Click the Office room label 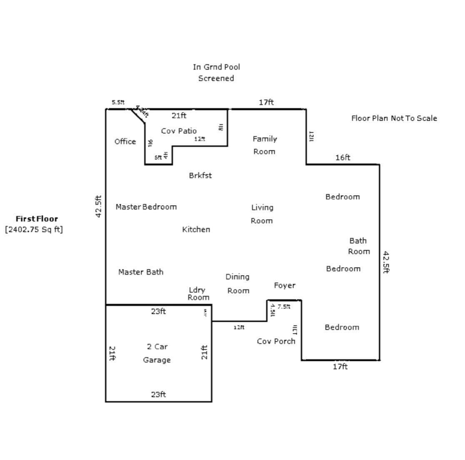tap(125, 142)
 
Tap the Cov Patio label tap(179, 131)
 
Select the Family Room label tap(265, 145)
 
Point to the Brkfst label tap(200, 175)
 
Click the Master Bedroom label tap(146, 206)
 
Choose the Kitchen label tap(196, 229)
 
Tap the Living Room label tap(262, 214)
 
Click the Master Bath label tap(140, 272)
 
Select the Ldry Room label tap(198, 293)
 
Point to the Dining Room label tap(238, 283)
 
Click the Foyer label tap(285, 285)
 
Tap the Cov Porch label tap(276, 341)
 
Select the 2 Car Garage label tap(157, 353)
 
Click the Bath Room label tap(358, 246)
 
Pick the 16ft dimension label tap(343, 157)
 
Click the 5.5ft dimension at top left tap(118, 102)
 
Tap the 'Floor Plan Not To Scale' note tap(394, 118)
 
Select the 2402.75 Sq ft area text tap(34, 229)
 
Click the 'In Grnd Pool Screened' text tap(216, 72)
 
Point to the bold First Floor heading tap(37, 219)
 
